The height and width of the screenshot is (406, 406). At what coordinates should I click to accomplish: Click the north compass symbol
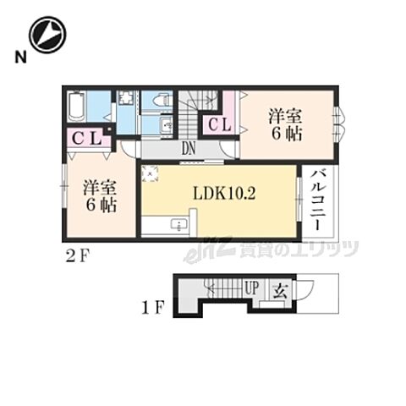(x=48, y=35)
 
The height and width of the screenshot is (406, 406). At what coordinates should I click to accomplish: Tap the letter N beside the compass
(x=20, y=58)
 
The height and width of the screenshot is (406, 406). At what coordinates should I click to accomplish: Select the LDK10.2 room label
(x=224, y=194)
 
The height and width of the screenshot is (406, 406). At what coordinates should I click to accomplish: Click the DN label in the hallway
(x=189, y=148)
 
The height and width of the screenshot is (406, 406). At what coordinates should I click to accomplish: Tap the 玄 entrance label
(x=281, y=291)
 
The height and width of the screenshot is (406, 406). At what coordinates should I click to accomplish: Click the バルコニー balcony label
(x=318, y=200)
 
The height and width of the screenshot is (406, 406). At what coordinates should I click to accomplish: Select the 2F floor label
(x=77, y=256)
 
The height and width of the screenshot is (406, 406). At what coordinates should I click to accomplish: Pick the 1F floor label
(x=153, y=308)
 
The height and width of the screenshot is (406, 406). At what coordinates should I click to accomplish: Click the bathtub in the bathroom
(x=76, y=107)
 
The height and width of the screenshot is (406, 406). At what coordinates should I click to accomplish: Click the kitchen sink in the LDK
(x=178, y=225)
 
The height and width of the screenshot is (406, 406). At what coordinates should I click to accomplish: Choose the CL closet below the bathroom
(x=86, y=139)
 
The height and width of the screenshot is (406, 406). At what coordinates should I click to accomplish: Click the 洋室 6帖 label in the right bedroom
(x=286, y=125)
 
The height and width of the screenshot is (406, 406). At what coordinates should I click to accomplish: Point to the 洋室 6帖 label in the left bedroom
(x=101, y=196)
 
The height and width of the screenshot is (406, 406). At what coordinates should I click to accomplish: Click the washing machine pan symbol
(x=124, y=98)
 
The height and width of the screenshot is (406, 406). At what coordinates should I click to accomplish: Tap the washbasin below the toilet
(x=167, y=123)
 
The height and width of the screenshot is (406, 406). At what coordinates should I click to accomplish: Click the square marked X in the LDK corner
(x=150, y=173)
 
